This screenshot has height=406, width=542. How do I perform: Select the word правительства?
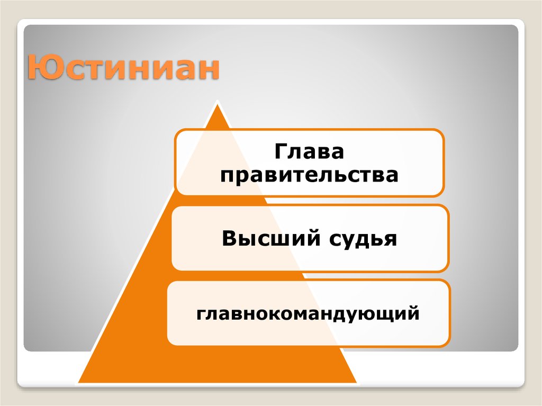(309, 175)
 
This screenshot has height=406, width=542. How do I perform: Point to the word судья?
(363, 239)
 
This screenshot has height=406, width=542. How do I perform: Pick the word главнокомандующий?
(309, 314)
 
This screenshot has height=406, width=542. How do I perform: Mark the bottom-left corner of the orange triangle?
(78, 382)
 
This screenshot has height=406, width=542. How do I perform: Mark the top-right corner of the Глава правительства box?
(442, 130)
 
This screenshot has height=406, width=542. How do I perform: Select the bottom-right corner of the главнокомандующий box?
(449, 344)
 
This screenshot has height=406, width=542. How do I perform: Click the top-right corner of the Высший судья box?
(447, 207)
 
